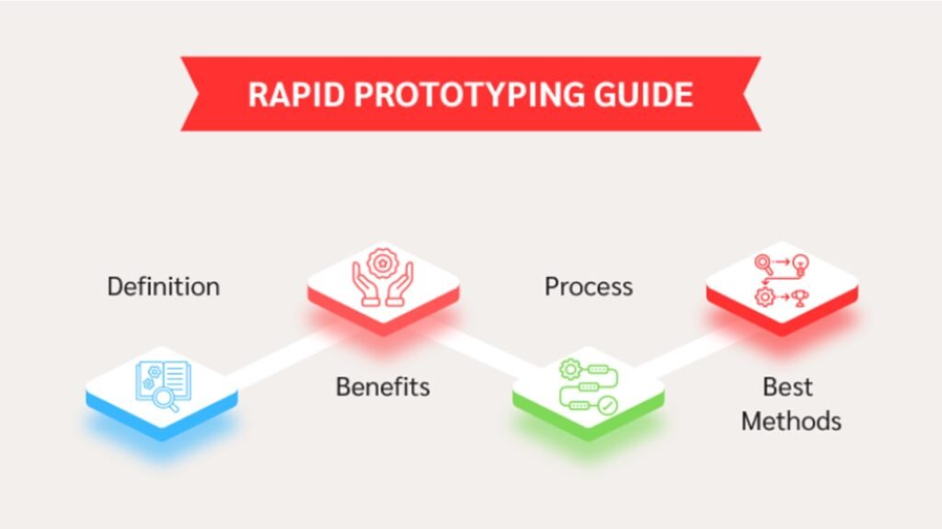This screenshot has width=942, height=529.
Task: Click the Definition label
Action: pos(164,286)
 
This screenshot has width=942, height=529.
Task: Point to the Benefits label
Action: pos(383,386)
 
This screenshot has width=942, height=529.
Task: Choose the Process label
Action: pos(589,286)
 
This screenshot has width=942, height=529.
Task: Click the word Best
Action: pos(787,386)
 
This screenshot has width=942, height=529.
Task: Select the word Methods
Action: pos(791,420)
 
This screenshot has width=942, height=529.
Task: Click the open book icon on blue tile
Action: pos(164,380)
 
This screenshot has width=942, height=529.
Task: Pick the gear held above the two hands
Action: pos(382,263)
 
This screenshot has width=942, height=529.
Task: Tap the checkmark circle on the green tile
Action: pos(607,406)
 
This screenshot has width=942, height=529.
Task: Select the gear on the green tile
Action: pos(569,368)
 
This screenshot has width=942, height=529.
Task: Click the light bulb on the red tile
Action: pos(801,264)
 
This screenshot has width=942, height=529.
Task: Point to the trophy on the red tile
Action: pos(799,297)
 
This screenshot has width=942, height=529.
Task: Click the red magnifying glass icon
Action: pos(764,264)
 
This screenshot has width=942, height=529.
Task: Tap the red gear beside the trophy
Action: pos(764,297)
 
